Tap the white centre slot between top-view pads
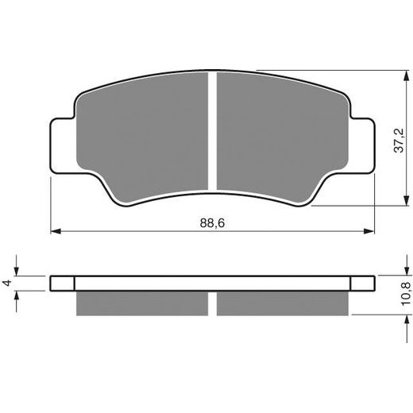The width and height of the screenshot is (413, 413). click(213, 131)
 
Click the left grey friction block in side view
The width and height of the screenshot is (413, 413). click(143, 303)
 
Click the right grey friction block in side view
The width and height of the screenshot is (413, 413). click(282, 303)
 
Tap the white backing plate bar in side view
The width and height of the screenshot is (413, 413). click(213, 284)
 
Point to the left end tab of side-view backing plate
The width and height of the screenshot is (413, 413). click(62, 284)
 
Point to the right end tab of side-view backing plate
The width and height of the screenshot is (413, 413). click(363, 284)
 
